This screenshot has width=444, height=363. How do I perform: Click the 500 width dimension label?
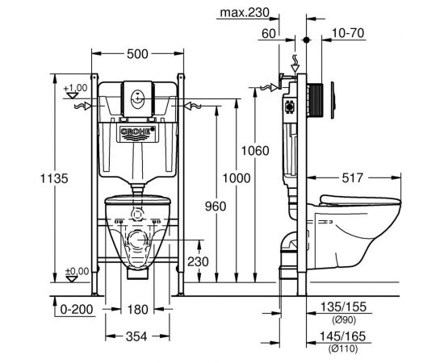point(137,54)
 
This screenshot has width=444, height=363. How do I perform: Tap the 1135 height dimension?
point(54,178)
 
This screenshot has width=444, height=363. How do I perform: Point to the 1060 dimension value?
point(255,151)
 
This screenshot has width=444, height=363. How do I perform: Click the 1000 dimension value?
point(237,178)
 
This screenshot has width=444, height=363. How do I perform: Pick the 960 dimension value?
point(216,207)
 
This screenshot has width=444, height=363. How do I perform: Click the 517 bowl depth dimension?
point(352,178)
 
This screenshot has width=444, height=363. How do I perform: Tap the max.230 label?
point(245,12)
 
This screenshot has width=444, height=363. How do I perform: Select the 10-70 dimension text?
point(348,33)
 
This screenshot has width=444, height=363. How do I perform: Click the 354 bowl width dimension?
point(136,336)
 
